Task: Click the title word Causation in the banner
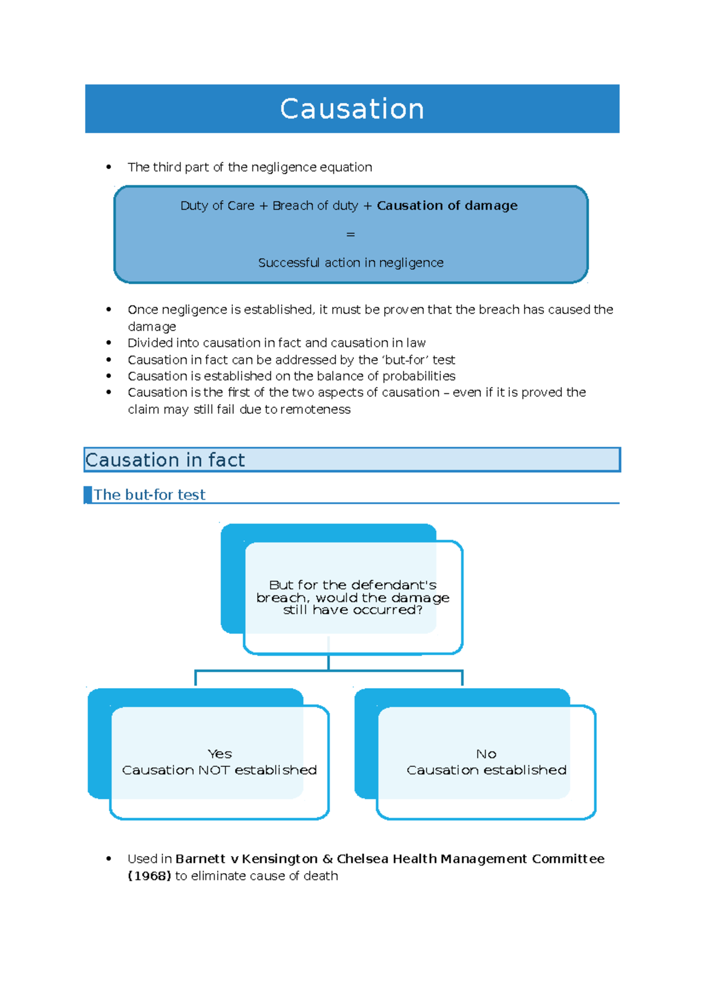pos(352,109)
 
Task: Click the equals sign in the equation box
pos(351,234)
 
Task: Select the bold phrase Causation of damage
pos(447,206)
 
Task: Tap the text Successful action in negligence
pos(351,262)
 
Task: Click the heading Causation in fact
pos(165,460)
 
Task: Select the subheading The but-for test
pos(150,494)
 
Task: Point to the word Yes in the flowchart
pos(219,753)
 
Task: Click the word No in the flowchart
pos(486,753)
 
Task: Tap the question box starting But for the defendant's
pos(353,597)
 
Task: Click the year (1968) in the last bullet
pos(150,875)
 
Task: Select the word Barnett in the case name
pos(200,858)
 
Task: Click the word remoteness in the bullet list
pos(316,409)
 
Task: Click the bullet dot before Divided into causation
pos(109,342)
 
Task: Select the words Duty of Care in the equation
pos(217,206)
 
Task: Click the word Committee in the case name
pos(568,858)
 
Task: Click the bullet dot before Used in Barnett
pos(109,858)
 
